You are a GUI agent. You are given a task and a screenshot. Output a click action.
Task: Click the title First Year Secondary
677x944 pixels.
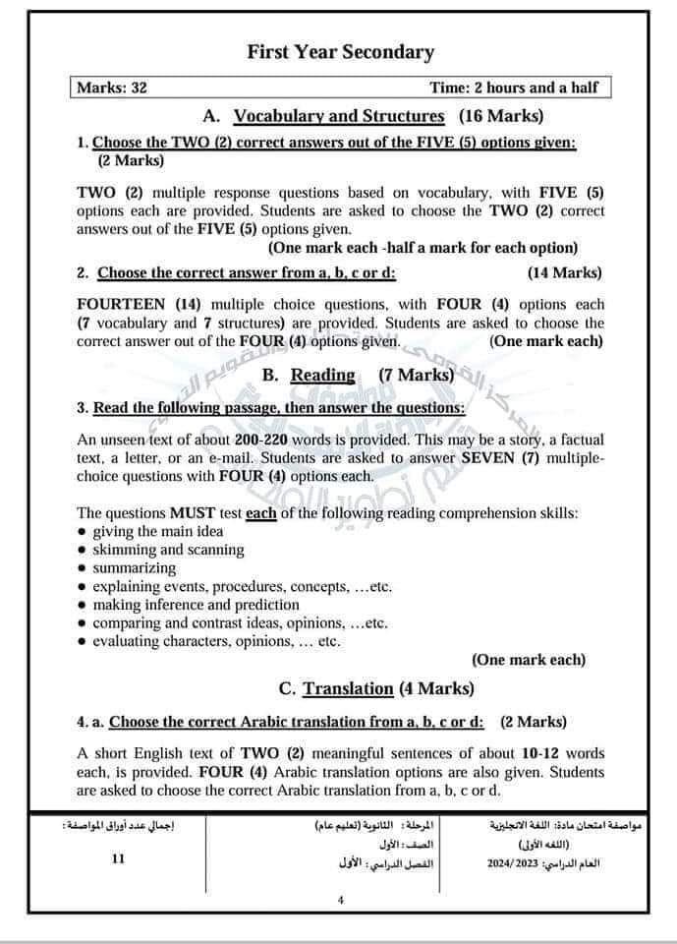click(340, 52)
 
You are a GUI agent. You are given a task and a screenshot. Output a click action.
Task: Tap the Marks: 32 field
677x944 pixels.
click(113, 88)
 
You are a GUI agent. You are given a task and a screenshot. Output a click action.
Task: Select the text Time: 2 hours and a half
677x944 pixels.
click(513, 88)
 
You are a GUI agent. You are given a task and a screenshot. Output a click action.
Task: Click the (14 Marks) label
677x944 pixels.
click(565, 272)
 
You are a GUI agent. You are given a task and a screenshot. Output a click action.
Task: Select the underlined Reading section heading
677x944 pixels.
click(323, 375)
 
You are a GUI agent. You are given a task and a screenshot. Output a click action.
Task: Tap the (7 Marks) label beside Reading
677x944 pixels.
click(417, 375)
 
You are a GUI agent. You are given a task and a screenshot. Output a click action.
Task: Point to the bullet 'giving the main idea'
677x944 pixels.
click(158, 532)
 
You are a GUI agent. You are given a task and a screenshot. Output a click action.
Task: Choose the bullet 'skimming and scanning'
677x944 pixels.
click(168, 550)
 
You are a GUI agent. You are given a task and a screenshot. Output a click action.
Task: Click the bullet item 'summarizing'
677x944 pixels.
click(135, 568)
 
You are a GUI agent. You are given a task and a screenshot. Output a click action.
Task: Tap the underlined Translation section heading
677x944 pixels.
click(348, 688)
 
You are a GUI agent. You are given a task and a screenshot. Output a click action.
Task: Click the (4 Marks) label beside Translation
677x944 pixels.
click(436, 688)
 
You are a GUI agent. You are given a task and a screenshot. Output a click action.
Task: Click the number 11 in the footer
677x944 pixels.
click(119, 858)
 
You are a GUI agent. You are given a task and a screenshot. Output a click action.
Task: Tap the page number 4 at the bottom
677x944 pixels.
click(339, 901)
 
